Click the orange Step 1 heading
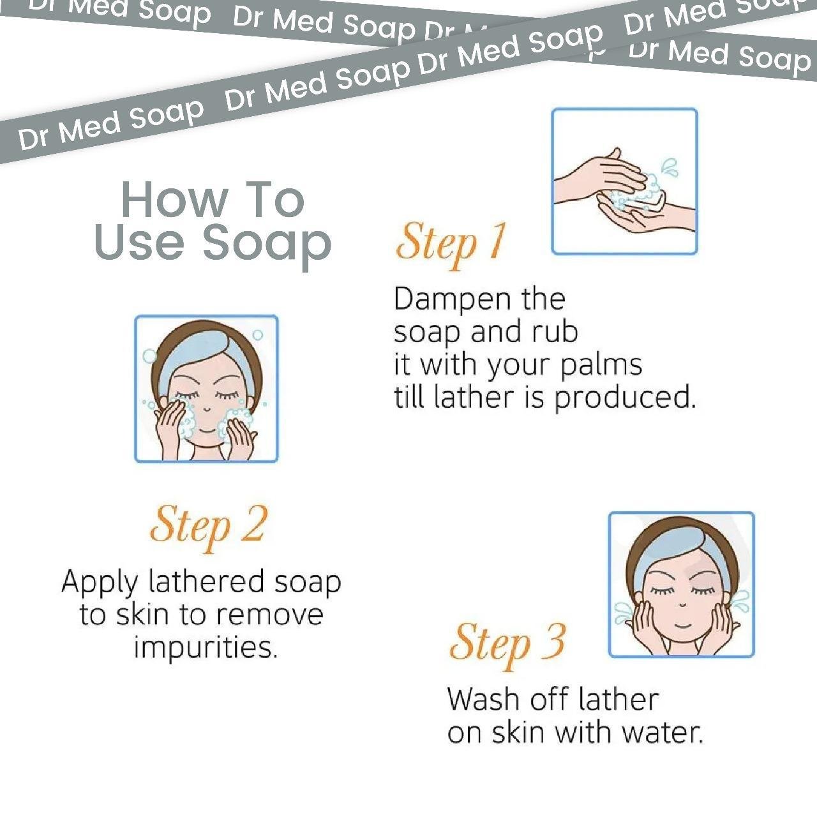tap(451, 244)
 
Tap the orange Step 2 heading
tap(209, 528)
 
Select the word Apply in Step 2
tap(100, 583)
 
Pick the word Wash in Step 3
tap(483, 699)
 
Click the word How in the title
tap(174, 199)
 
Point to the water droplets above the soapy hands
tap(670, 167)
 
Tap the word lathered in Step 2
tap(206, 581)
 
